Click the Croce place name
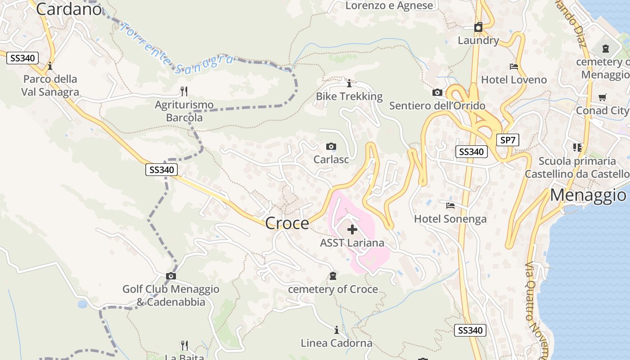287,223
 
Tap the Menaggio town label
588,195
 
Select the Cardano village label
69,9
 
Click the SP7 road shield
508,140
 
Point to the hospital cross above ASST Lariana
352,230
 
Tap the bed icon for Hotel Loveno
514,67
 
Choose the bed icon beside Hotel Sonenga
450,206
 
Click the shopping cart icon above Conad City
603,97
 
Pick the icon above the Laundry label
478,27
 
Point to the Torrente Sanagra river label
178,50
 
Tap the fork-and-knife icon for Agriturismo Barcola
184,91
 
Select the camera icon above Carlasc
331,147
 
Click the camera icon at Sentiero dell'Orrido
437,93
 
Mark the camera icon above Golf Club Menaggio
171,276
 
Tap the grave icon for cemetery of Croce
333,276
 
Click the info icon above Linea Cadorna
336,330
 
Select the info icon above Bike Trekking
349,83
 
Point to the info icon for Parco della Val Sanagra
50,66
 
